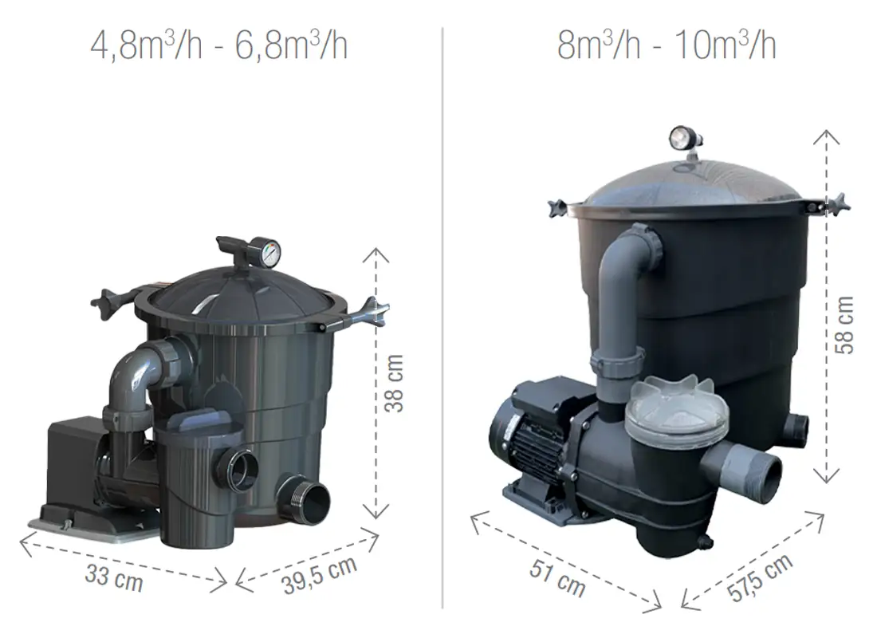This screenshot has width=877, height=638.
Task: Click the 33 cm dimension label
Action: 114,577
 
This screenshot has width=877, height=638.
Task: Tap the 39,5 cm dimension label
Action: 320,575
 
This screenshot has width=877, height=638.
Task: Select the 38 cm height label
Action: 394,384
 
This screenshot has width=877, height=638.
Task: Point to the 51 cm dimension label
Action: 557,577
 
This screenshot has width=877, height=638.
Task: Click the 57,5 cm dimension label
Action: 760,577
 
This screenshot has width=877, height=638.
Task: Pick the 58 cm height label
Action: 844,325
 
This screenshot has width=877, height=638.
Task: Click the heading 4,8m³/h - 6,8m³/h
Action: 218,45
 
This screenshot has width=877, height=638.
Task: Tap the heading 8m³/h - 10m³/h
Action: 667,45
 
